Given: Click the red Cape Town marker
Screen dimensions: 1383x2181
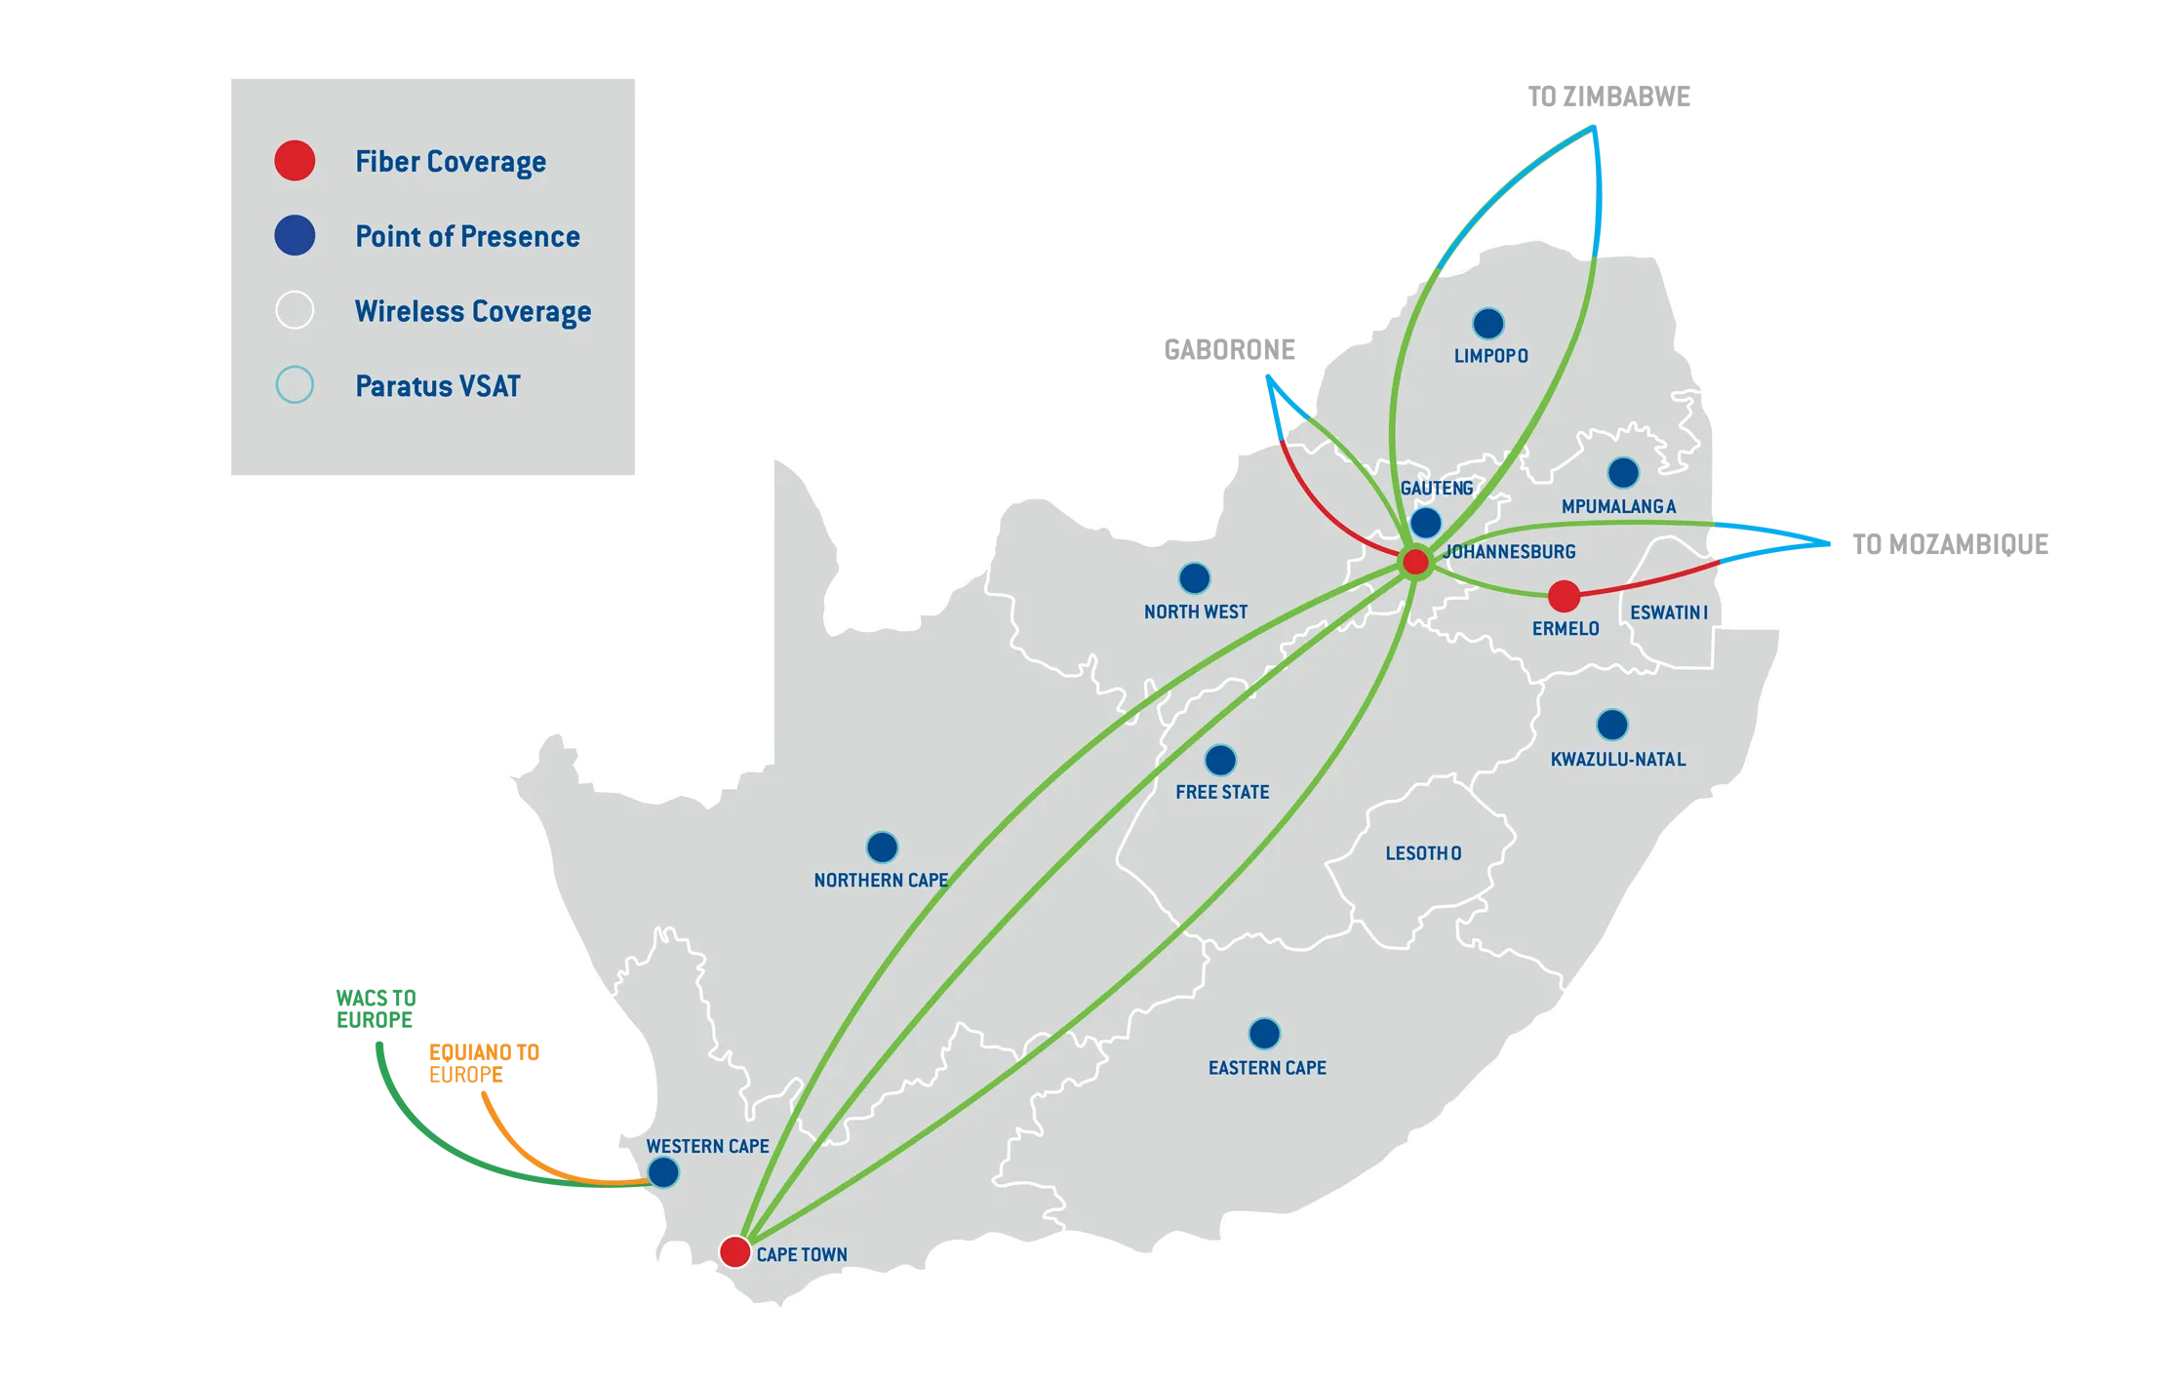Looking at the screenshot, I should coord(734,1251).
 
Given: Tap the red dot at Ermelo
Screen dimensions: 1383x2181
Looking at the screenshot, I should coord(1564,595).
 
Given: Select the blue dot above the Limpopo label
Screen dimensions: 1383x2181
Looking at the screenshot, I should coord(1487,323).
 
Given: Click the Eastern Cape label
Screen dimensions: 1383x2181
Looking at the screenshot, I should coord(1267,1068).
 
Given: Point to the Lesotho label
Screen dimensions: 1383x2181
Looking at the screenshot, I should coord(1423,853).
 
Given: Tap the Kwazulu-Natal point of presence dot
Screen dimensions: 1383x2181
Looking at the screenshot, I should coord(1611,725).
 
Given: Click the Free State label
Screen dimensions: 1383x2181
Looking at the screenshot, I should coord(1222,792).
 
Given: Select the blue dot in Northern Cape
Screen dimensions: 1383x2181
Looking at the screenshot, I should coord(882,847).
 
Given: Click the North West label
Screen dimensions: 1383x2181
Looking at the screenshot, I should coord(1195,612).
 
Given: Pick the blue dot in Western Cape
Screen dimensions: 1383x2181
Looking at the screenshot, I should coord(663,1172).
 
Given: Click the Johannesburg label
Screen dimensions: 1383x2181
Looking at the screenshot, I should coord(1509,552).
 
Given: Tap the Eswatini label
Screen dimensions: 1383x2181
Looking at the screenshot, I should coord(1669,612).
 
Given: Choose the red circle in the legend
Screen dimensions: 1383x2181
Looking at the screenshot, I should coord(295,161).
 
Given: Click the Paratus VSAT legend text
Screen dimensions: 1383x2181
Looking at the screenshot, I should coord(437,386).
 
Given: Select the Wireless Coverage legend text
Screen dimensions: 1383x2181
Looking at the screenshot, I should coord(473,311).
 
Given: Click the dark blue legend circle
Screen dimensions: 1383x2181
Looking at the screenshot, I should coord(295,236).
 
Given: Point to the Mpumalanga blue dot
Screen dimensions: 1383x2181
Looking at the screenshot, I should coord(1623,473).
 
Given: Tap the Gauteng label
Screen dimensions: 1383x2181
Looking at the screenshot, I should coord(1436,488).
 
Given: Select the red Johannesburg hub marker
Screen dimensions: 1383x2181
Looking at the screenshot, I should coord(1414,562).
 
